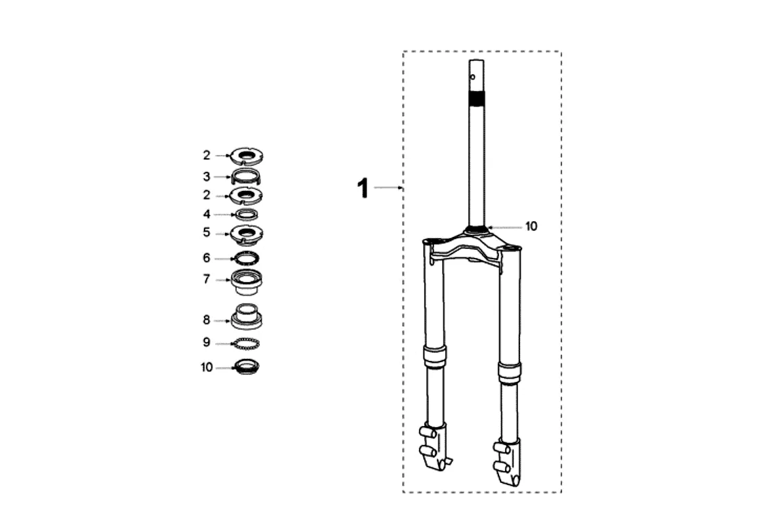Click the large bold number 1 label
click(363, 188)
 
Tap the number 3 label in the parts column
click(207, 177)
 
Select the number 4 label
click(207, 214)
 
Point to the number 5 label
click(207, 232)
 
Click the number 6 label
click(207, 258)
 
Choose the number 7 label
click(207, 279)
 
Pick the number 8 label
click(207, 320)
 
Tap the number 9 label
click(207, 342)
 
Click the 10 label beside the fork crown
click(531, 226)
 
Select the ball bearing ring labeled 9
click(246, 344)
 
